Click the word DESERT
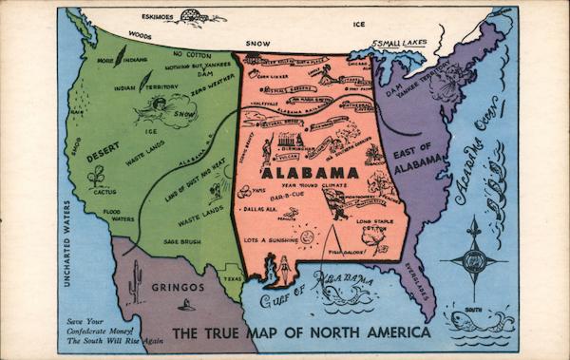[x=104, y=149]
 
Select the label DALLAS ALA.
[x=260, y=207]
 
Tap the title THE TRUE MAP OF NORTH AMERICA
[x=301, y=333]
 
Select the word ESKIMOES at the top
[x=158, y=17]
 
